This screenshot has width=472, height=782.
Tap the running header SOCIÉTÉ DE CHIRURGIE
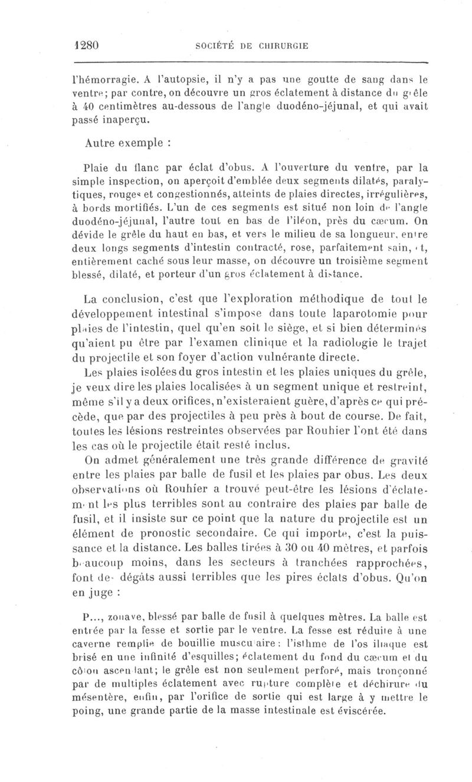251,46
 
